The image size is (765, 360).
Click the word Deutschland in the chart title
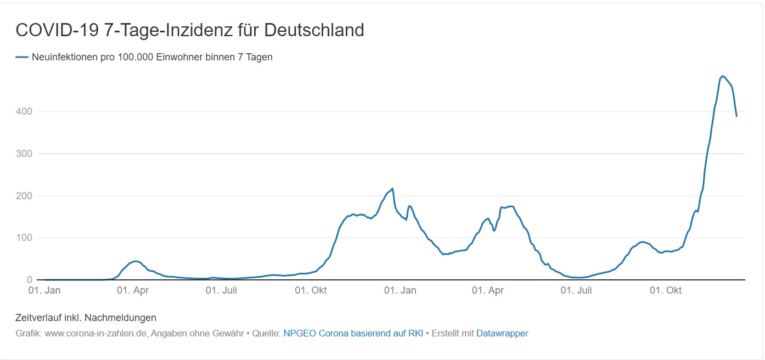coord(314,30)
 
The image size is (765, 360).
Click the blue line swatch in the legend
coord(22,57)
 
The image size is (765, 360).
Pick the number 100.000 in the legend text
coord(136,57)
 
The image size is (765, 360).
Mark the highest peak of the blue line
coord(723,76)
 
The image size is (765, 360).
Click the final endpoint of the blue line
coord(736,116)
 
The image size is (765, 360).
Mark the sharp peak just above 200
coord(392,189)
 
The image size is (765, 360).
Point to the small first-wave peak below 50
coord(136,261)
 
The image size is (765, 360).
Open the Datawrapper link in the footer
coord(502,333)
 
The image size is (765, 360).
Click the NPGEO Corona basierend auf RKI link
coord(353,333)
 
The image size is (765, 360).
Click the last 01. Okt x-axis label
coord(666,290)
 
